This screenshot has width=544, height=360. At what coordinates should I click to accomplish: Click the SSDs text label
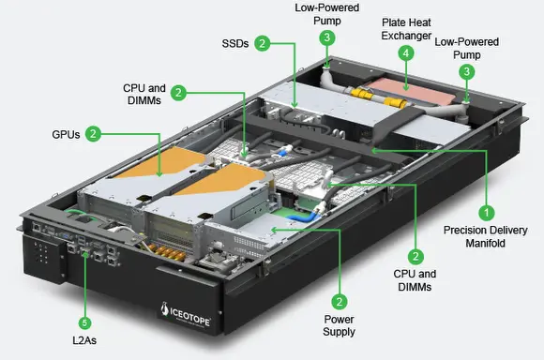235,44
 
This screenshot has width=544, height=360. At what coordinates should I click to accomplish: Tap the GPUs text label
66,135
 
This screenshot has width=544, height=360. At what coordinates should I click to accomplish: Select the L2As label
84,340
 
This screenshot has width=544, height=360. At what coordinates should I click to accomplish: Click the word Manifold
485,243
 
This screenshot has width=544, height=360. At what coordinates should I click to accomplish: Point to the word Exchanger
406,36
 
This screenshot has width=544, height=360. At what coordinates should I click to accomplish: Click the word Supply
339,332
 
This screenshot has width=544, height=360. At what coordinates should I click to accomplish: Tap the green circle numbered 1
487,213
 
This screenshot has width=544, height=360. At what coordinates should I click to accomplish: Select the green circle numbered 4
406,53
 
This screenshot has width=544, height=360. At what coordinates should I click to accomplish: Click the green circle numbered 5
84,322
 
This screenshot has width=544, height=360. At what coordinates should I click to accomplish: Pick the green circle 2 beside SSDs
263,43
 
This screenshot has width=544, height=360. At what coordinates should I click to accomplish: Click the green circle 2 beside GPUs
93,134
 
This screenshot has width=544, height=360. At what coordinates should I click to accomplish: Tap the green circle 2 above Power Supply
340,301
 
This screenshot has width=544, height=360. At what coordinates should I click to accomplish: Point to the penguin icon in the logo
165,308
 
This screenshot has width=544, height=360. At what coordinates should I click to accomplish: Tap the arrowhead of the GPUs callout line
159,173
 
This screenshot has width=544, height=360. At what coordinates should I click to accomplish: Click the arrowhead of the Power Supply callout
274,230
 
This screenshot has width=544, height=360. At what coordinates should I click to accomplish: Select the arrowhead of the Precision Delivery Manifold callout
374,150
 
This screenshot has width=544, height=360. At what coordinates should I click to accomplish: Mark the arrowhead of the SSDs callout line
295,104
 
